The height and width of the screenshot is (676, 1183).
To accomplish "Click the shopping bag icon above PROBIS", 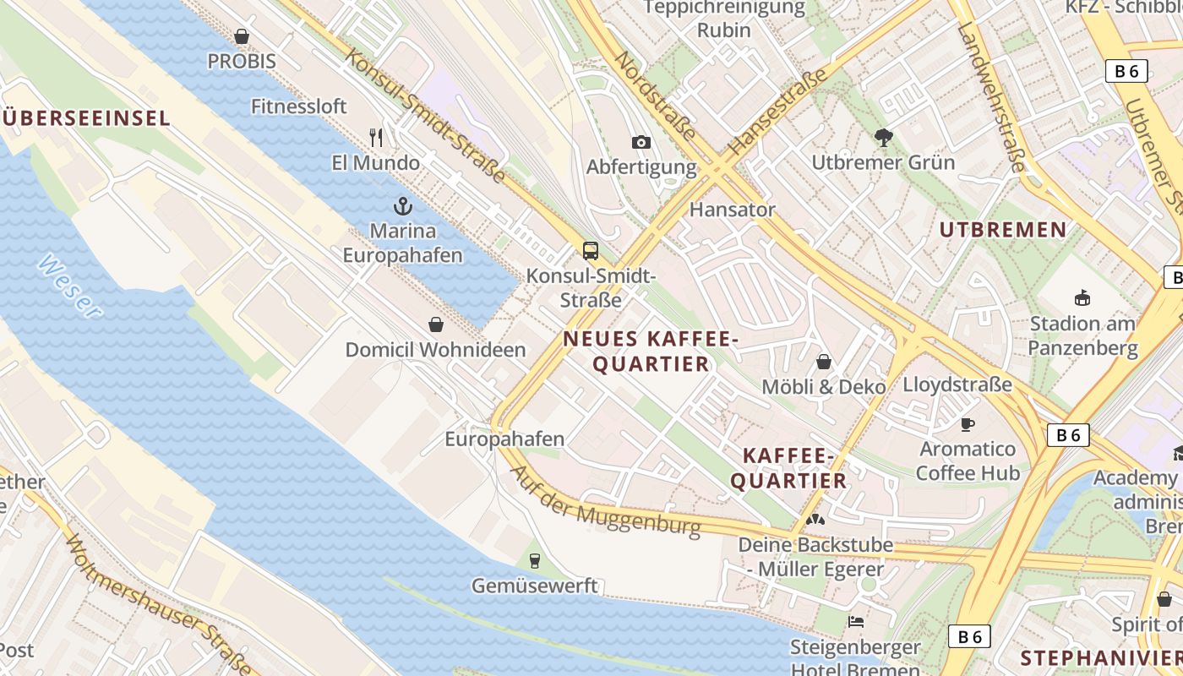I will click(242, 36).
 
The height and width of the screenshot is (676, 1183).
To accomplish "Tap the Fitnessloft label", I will click(299, 106).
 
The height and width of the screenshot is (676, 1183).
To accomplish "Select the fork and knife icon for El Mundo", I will click(376, 137).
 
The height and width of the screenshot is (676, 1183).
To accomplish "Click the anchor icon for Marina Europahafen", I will click(403, 205).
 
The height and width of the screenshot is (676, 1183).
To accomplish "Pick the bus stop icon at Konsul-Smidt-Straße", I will click(591, 250).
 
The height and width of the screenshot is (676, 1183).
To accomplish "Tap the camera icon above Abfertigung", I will click(641, 142).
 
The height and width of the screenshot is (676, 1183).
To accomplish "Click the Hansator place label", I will click(732, 210).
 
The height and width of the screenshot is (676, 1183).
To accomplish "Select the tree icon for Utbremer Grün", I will click(884, 137).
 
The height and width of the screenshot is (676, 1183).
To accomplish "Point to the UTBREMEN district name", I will click(1003, 230).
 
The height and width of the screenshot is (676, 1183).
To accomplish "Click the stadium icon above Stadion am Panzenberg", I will click(1082, 297).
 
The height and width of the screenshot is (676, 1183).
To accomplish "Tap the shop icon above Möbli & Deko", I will click(824, 362).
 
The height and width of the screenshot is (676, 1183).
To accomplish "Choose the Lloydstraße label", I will click(957, 385).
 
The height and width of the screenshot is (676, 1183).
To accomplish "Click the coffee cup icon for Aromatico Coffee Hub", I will click(968, 423).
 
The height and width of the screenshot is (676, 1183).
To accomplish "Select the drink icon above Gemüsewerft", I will click(534, 559).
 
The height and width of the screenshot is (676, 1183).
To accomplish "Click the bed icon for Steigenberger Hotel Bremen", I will click(856, 622).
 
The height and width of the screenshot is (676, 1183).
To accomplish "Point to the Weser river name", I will click(70, 286).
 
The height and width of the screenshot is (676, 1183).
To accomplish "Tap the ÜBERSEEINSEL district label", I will click(86, 118).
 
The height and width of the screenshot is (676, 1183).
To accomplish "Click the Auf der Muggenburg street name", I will click(606, 502).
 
